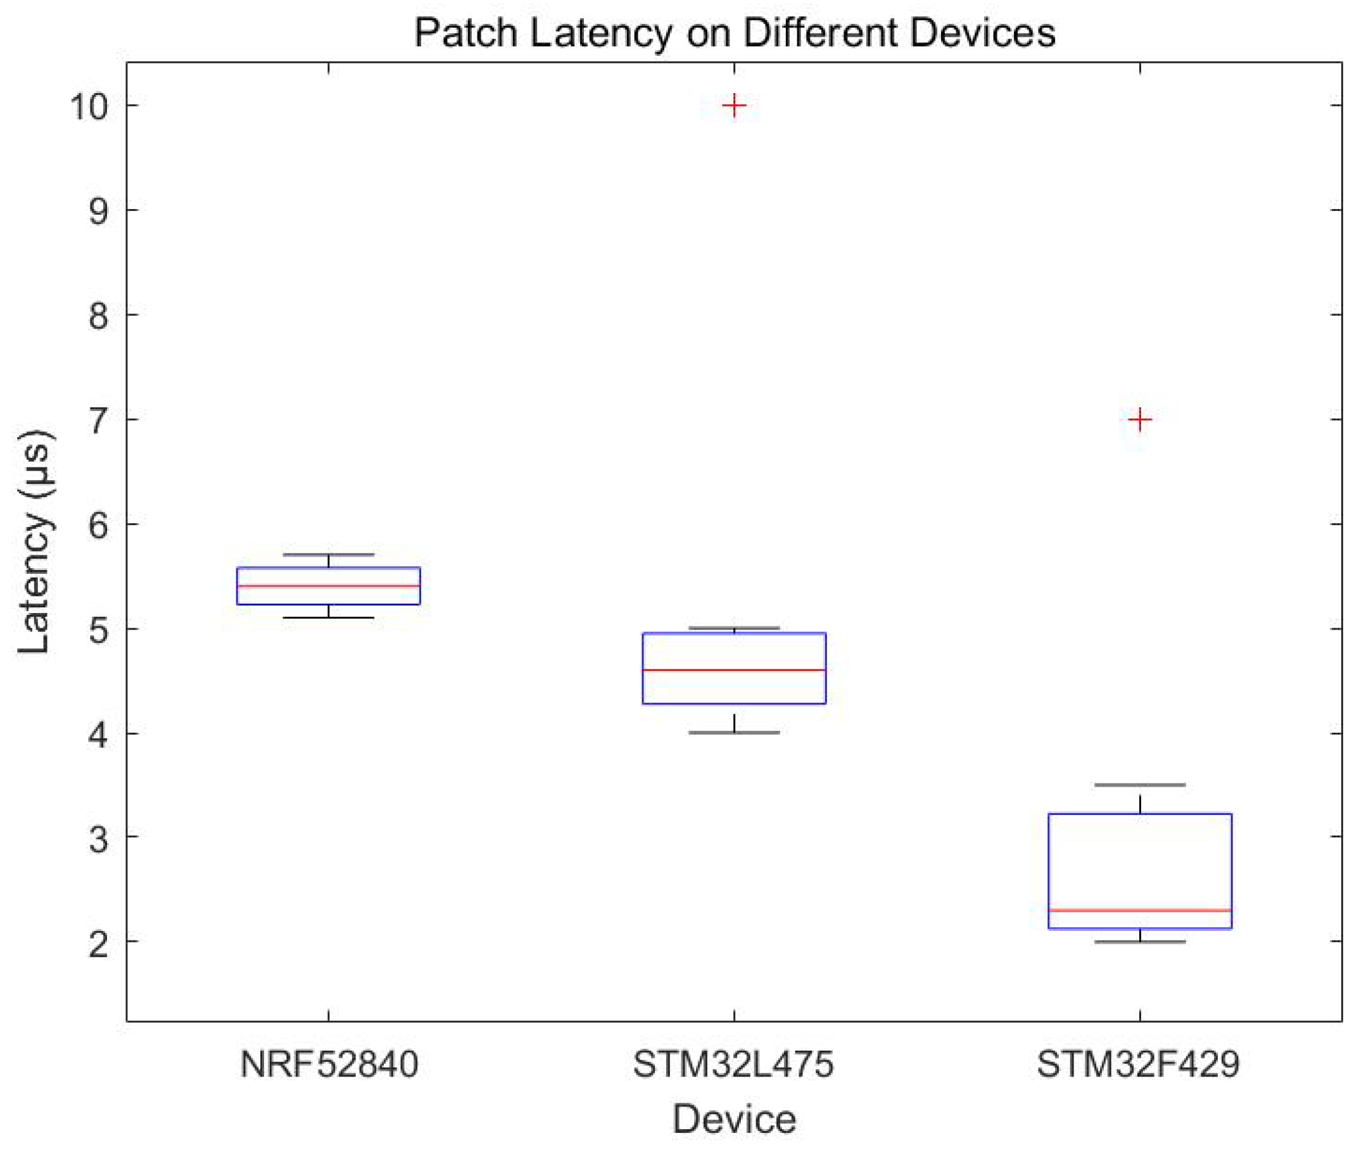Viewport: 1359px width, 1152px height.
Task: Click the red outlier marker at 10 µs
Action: pyautogui.click(x=734, y=105)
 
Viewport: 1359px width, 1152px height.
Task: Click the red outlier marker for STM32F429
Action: pyautogui.click(x=1140, y=419)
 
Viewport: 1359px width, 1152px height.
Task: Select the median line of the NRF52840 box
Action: pyautogui.click(x=328, y=586)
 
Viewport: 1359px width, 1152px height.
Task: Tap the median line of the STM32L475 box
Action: pyautogui.click(x=734, y=670)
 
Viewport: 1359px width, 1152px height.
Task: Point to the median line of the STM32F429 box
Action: pyautogui.click(x=1140, y=910)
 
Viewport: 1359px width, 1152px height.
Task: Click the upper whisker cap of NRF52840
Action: pyautogui.click(x=328, y=554)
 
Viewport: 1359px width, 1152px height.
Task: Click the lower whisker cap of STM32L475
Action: pyautogui.click(x=734, y=733)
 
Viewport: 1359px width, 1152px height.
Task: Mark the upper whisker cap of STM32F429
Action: pyautogui.click(x=1140, y=785)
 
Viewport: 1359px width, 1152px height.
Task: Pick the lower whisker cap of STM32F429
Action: pyautogui.click(x=1140, y=942)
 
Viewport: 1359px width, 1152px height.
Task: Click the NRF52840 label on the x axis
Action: pyautogui.click(x=329, y=1065)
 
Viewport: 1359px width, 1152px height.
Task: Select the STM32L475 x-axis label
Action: pyautogui.click(x=733, y=1065)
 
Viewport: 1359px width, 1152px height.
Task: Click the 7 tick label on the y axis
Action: pyautogui.click(x=98, y=420)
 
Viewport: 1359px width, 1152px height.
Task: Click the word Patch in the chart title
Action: pyautogui.click(x=465, y=33)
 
